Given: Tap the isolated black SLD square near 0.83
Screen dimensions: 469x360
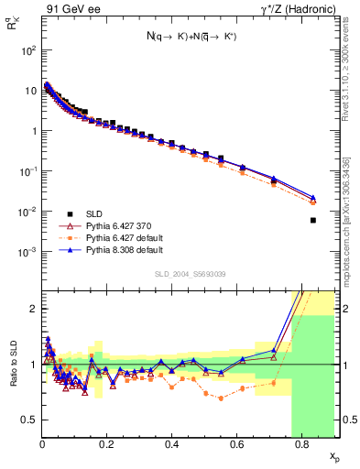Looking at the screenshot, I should pos(313,220).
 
